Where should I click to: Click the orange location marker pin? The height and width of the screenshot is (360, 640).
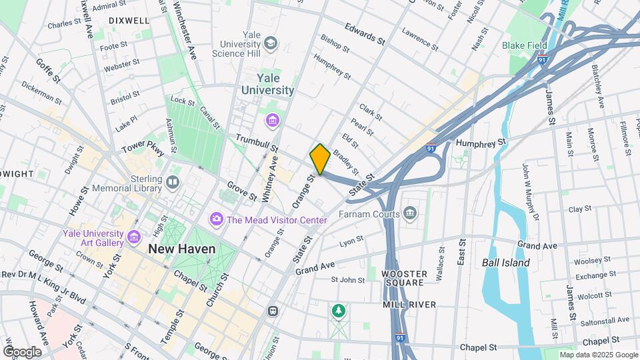(320, 159)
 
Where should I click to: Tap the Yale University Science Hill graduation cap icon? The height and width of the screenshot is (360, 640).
(271, 44)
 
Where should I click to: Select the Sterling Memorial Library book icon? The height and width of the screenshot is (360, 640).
(173, 181)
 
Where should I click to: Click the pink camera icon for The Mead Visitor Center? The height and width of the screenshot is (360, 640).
(216, 219)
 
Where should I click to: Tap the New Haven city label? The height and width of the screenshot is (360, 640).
(182, 249)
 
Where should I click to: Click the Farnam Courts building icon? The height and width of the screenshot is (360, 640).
(410, 214)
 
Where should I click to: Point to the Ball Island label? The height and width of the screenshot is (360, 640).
(506, 263)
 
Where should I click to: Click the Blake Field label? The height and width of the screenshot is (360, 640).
(525, 45)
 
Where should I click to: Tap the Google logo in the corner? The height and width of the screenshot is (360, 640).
(22, 351)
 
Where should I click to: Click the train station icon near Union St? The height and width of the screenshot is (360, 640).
(272, 311)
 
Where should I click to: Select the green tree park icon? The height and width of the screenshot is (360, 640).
(339, 311)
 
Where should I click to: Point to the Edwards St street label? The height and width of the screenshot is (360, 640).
(365, 34)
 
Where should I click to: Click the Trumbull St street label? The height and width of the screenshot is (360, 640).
(256, 143)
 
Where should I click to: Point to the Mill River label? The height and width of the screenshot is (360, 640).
(409, 305)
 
